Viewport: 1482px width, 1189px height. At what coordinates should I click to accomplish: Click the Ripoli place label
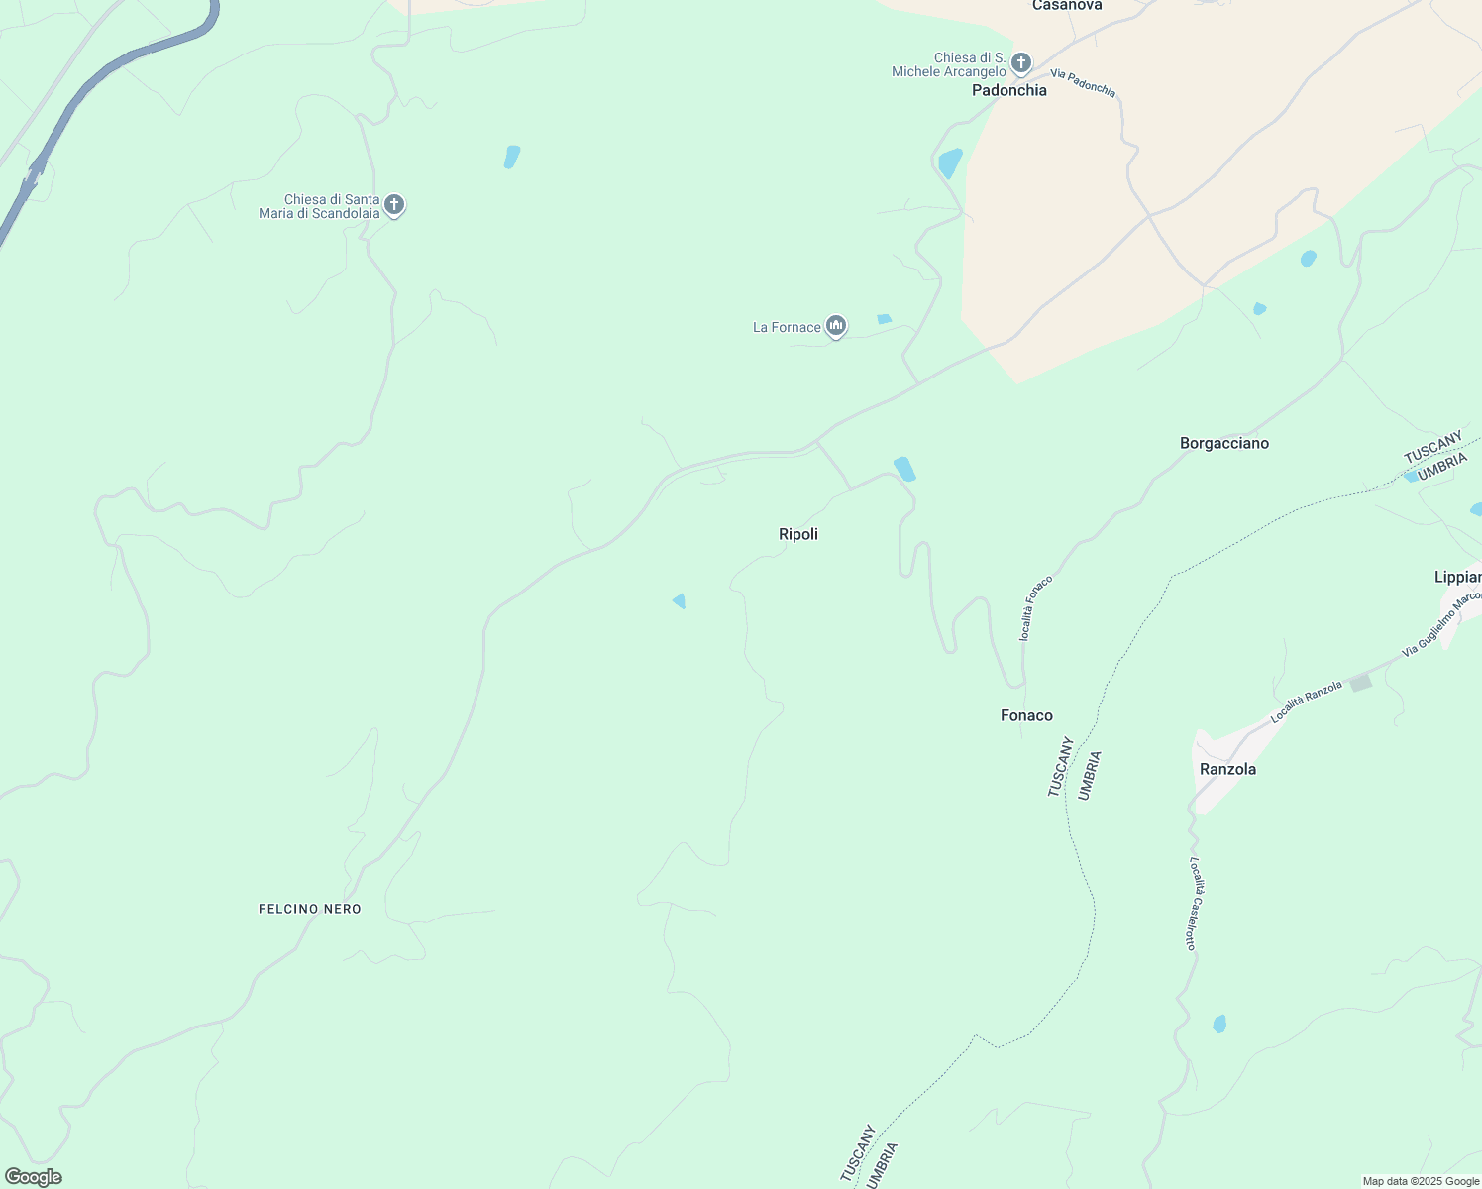(x=798, y=534)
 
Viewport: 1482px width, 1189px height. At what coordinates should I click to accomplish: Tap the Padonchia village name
(x=1008, y=90)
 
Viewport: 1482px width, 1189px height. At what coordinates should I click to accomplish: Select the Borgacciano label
(x=1223, y=443)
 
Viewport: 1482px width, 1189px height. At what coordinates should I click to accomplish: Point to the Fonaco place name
(x=1026, y=715)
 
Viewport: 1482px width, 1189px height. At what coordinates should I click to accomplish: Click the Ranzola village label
(x=1227, y=769)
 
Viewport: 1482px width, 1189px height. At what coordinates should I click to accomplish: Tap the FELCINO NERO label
(x=310, y=909)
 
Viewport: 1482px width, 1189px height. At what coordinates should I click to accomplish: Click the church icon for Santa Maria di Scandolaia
(x=394, y=205)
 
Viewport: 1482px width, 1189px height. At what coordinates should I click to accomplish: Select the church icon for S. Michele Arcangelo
(x=1021, y=63)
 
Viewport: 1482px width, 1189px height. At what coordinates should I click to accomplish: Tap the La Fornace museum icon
(x=836, y=326)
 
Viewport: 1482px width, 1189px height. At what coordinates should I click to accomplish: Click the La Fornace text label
(x=787, y=327)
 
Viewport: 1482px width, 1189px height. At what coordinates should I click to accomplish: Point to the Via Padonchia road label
(x=1083, y=83)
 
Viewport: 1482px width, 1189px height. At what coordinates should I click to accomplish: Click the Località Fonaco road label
(x=1036, y=607)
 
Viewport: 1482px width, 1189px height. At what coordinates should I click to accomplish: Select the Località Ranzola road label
(x=1307, y=702)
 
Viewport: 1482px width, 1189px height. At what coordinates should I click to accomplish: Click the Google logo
(x=33, y=1177)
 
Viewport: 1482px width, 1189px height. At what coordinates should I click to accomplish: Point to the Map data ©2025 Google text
(x=1421, y=1181)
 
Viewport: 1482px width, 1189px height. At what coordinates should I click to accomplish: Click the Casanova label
(x=1067, y=6)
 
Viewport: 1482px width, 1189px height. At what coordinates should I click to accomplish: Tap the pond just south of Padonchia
(x=950, y=162)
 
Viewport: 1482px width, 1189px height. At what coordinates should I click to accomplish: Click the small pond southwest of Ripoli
(x=680, y=600)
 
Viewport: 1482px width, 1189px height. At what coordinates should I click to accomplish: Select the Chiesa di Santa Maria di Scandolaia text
(x=319, y=206)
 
